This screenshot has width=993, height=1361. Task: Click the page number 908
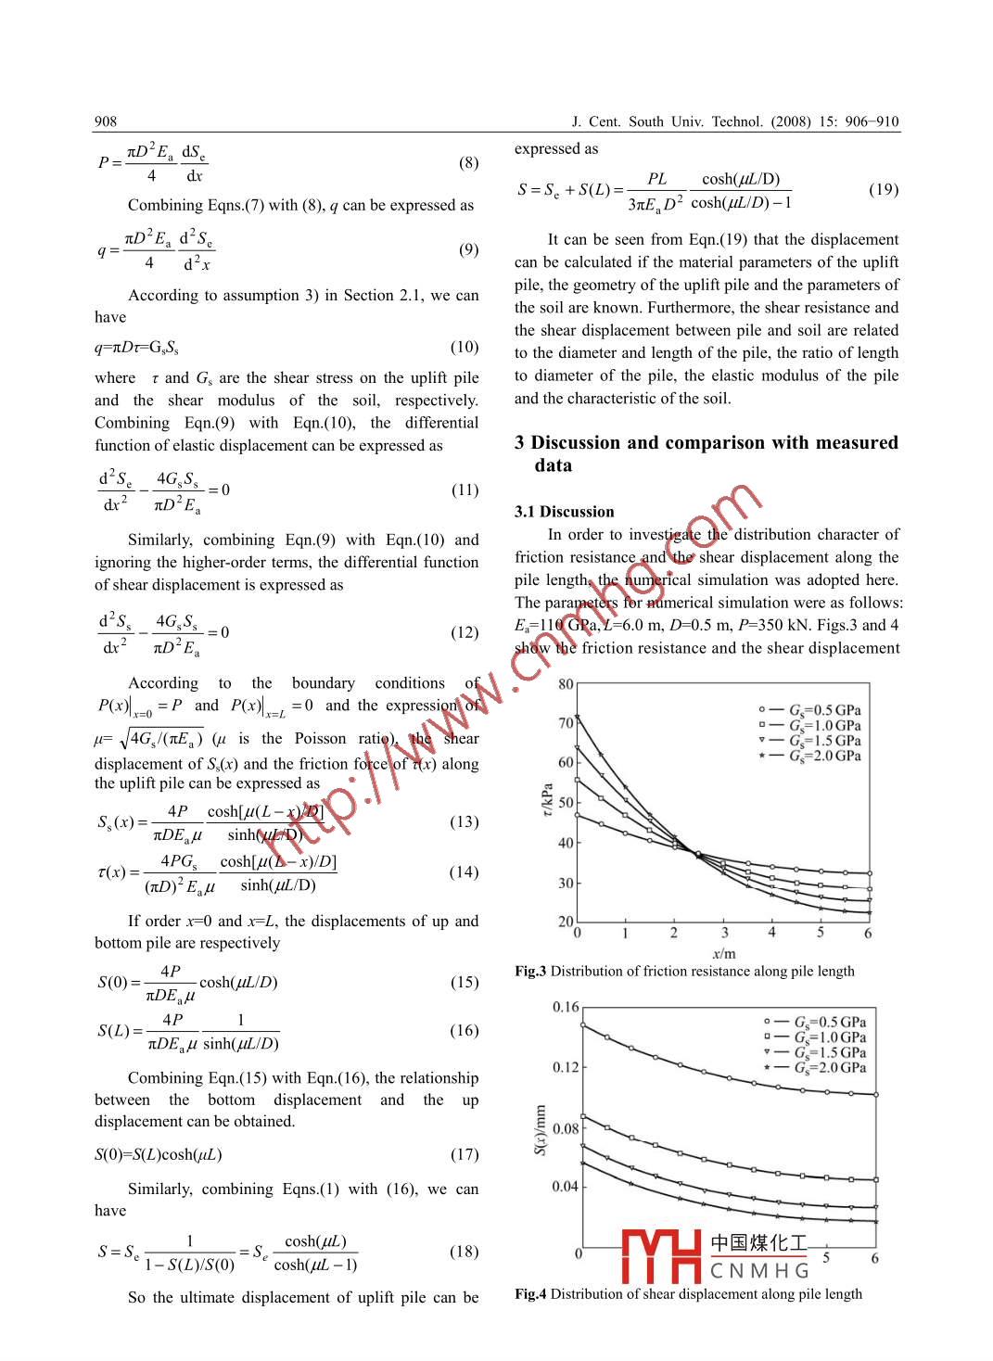pos(106,121)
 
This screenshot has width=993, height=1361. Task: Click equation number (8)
pos(468,163)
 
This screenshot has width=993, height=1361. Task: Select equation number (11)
pos(465,490)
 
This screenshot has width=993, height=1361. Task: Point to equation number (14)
pos(465,871)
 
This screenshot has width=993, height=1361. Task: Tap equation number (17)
pos(465,1154)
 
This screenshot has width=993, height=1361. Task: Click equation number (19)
pos(883,189)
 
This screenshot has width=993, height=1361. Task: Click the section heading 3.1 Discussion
pos(564,512)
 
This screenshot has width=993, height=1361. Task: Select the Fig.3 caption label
pos(530,972)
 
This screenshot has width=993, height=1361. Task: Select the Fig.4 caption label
pos(530,1294)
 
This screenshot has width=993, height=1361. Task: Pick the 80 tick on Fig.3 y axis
pos(566,685)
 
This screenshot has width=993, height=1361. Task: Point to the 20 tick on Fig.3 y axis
pos(566,922)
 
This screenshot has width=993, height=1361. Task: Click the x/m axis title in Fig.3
pos(724,953)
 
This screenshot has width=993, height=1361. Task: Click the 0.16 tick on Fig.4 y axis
pos(565,1007)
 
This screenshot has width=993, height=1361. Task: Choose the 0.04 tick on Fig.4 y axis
pos(565,1187)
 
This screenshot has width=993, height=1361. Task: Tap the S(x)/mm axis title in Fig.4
pos(541,1129)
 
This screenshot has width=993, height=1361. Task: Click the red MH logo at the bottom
pos(661,1255)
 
